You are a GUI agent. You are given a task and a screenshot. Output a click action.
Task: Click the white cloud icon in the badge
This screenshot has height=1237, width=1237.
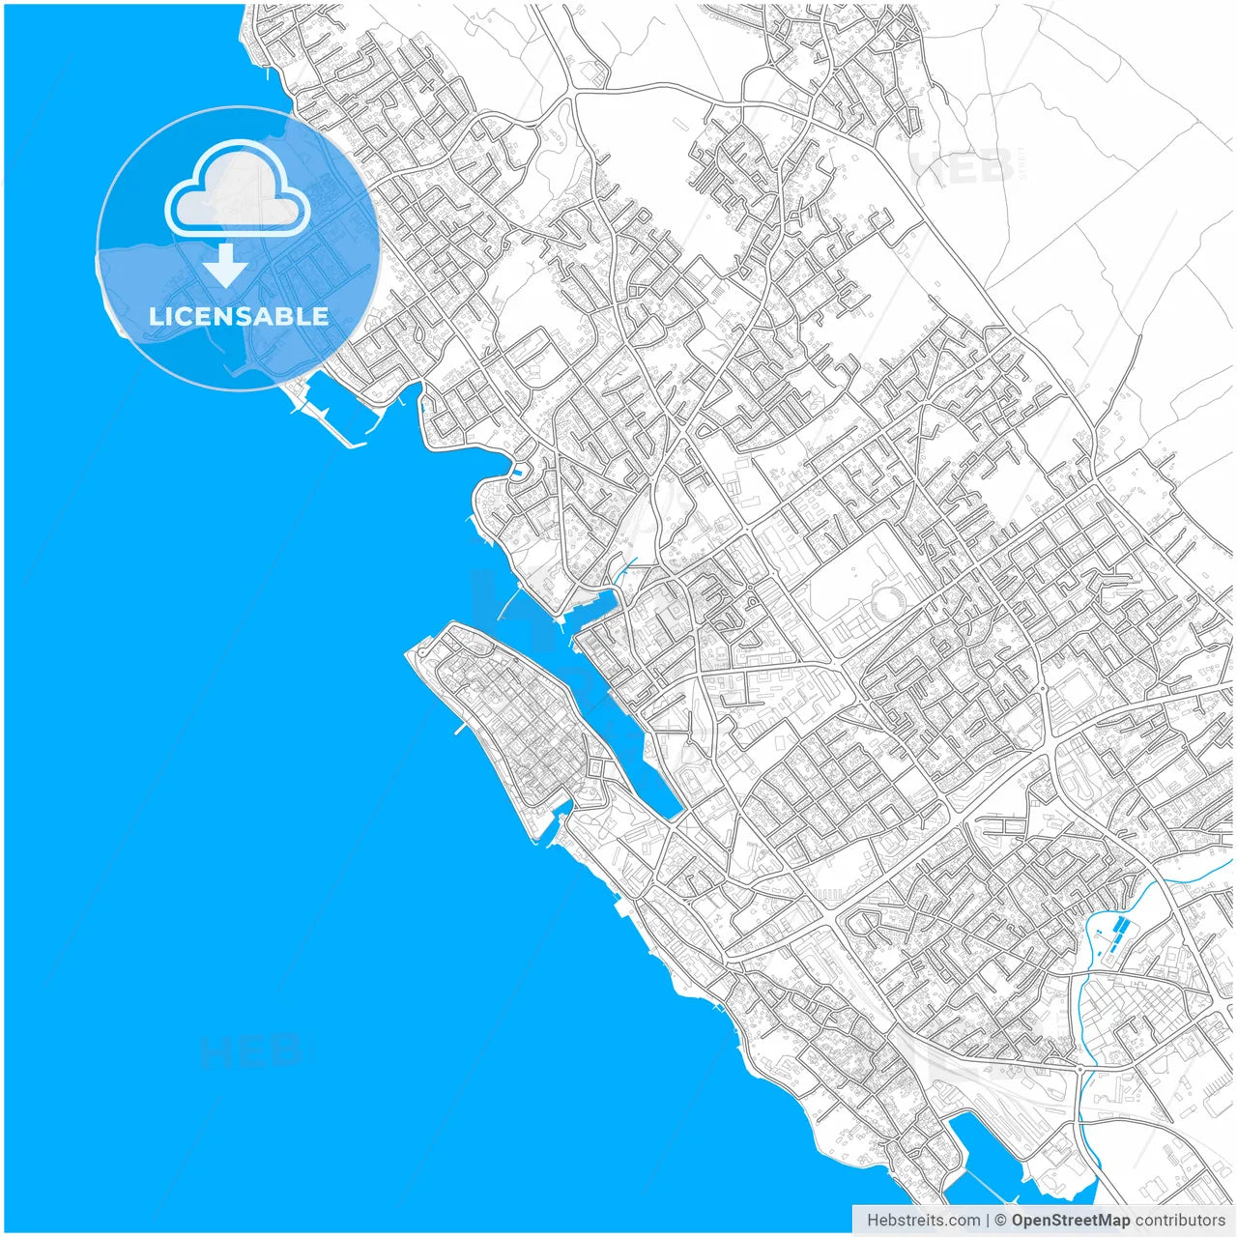pyautogui.click(x=238, y=189)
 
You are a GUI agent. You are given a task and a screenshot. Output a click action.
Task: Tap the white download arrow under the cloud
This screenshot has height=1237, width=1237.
pyautogui.click(x=225, y=265)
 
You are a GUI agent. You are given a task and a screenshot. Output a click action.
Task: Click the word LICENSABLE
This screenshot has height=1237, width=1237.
pyautogui.click(x=239, y=316)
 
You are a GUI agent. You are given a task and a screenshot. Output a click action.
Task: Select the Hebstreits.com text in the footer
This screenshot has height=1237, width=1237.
pyautogui.click(x=923, y=1221)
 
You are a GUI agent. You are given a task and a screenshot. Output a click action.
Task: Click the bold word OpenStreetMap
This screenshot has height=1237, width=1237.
pyautogui.click(x=1070, y=1221)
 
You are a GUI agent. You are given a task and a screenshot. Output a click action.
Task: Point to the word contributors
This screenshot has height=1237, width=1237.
pyautogui.click(x=1179, y=1221)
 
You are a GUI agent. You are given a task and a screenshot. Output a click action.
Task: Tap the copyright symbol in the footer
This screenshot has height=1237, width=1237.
pyautogui.click(x=1001, y=1221)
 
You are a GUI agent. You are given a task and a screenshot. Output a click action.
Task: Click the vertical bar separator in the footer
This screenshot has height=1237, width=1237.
pyautogui.click(x=988, y=1221)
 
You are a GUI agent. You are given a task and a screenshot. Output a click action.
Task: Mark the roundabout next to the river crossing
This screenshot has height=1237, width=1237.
pyautogui.click(x=1079, y=1069)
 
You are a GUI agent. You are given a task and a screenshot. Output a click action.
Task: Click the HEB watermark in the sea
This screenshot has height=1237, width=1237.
pyautogui.click(x=253, y=1050)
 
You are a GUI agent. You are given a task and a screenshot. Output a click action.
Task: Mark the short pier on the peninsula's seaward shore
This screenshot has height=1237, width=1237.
pyautogui.click(x=461, y=728)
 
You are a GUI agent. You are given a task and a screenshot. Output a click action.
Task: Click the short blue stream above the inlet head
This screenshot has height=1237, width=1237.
pyautogui.click(x=625, y=570)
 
